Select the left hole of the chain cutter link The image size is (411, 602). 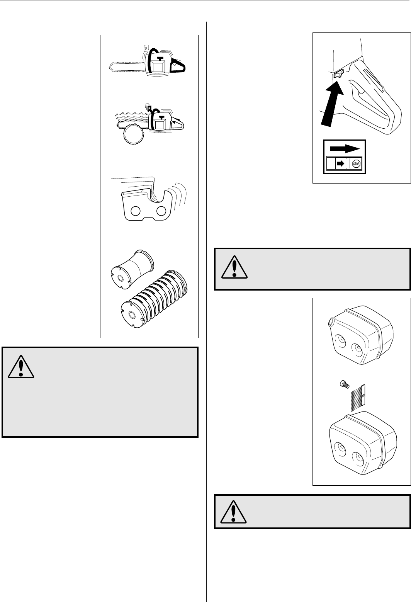pyautogui.click(x=136, y=211)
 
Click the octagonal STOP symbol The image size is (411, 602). pyautogui.click(x=355, y=164)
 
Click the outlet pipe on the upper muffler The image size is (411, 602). pyautogui.click(x=331, y=321)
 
